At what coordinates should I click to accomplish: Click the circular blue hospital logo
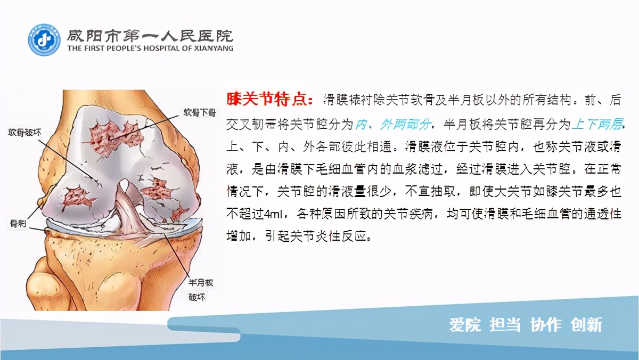(44, 40)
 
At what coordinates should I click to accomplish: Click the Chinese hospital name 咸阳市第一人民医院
(150, 35)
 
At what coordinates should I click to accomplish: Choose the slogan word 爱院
(465, 325)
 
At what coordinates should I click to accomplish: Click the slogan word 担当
(505, 325)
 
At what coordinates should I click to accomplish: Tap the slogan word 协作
(546, 325)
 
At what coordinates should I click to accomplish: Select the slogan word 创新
(586, 325)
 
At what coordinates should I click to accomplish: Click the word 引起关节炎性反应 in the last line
(318, 236)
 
